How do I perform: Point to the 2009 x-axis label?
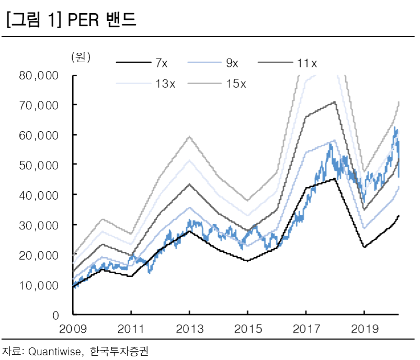tap(73, 330)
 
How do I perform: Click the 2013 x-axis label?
tap(189, 330)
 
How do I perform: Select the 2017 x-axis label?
tap(306, 330)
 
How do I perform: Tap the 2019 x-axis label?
tap(364, 330)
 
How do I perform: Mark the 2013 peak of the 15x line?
tap(189, 136)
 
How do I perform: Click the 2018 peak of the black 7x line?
tap(335, 179)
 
